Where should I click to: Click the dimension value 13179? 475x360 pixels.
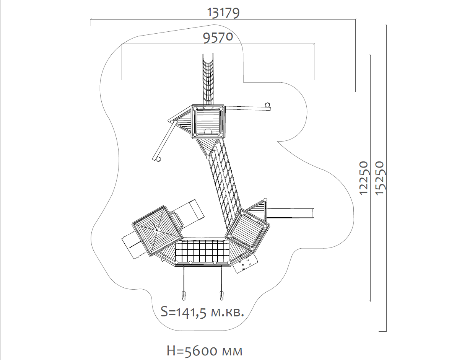(223, 13)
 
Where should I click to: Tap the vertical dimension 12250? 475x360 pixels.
(363, 178)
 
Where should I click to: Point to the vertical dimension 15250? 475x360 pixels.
(380, 178)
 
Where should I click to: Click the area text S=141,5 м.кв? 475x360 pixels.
(202, 312)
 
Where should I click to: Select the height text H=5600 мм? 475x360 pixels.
(205, 351)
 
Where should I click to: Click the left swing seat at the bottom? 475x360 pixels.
(184, 295)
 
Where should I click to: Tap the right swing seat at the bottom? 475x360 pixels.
(221, 295)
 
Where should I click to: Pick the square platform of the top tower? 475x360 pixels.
(208, 122)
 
